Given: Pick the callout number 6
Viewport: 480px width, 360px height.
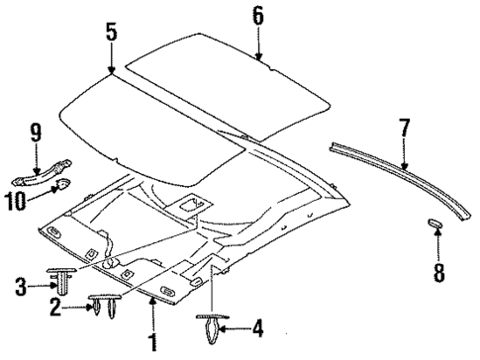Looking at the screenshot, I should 256,15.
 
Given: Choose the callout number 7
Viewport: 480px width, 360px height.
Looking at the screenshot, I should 403,129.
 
